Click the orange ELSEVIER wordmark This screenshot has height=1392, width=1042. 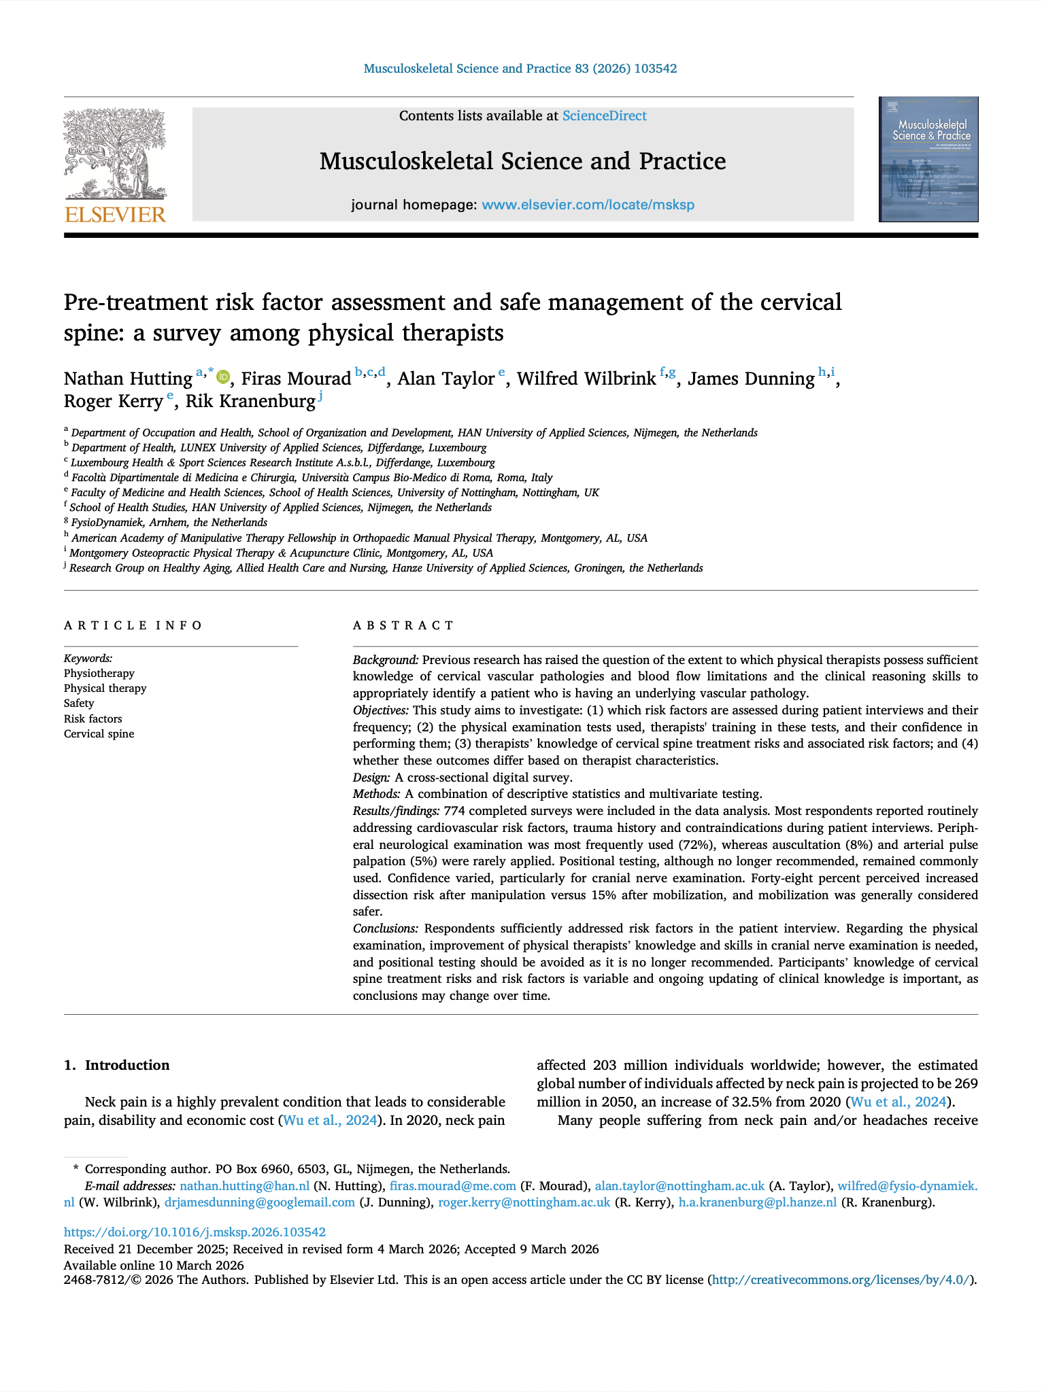(x=115, y=215)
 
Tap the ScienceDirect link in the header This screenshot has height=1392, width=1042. (x=604, y=116)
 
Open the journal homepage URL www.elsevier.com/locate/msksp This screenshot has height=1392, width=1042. (x=588, y=205)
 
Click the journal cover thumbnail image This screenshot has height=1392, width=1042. (x=928, y=160)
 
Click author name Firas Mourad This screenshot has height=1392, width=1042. (x=296, y=379)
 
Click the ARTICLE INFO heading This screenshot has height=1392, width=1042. (x=133, y=625)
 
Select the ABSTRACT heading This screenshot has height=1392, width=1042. (x=403, y=625)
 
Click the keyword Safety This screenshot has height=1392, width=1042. (x=79, y=703)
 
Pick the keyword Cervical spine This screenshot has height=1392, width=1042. (x=99, y=734)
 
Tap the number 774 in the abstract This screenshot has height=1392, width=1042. (x=454, y=811)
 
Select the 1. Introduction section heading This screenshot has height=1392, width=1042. (x=117, y=1065)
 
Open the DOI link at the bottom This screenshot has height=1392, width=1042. (x=195, y=1232)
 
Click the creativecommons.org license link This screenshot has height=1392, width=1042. (x=841, y=1280)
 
